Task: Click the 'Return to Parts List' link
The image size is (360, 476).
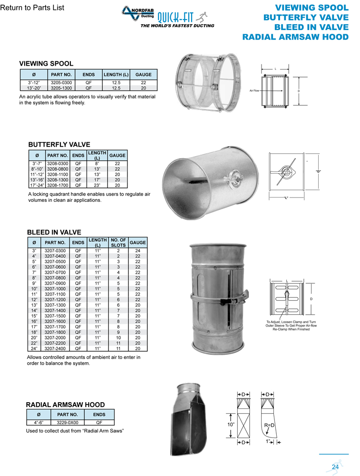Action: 32,8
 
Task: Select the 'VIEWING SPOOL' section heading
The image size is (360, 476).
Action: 46,63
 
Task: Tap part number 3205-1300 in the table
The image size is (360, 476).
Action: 61,88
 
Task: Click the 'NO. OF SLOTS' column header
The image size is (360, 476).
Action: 117,243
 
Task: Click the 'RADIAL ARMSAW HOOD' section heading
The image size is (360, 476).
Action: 65,405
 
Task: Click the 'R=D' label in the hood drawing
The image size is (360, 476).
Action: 270,424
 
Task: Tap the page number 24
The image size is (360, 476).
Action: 335,466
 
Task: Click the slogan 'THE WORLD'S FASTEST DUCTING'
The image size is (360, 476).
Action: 177,26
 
